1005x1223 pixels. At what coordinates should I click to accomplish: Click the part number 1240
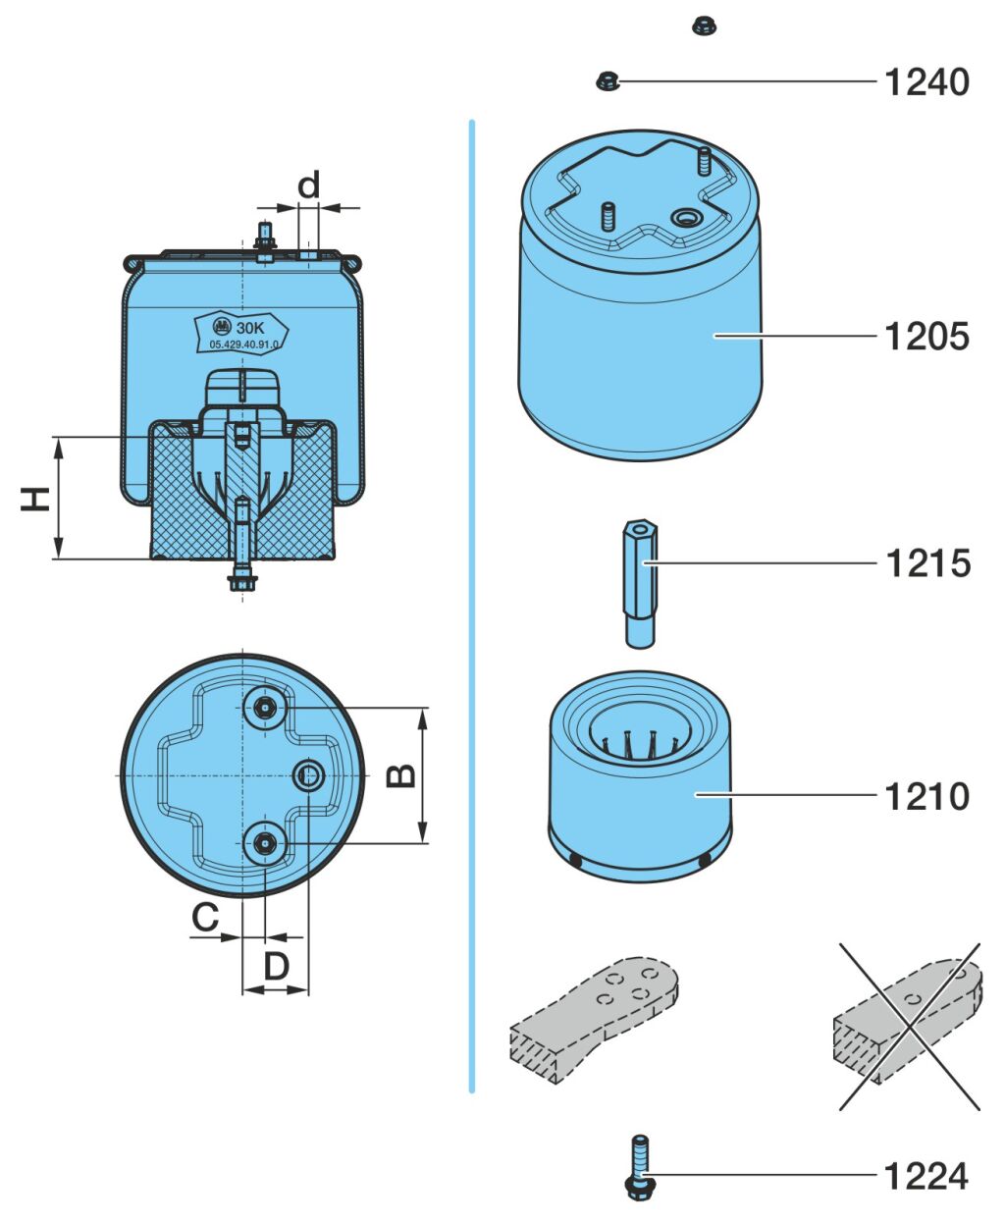click(x=926, y=81)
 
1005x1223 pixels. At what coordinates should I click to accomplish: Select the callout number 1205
click(x=926, y=337)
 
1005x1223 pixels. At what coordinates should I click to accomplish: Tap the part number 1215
click(x=926, y=563)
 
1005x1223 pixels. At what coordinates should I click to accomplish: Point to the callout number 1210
click(x=926, y=796)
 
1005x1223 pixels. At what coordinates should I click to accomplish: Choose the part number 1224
click(x=926, y=1176)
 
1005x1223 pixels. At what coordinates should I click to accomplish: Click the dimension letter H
click(x=36, y=499)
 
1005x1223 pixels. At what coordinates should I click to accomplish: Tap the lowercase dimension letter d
click(x=309, y=185)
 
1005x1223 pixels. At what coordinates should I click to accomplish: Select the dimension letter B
click(x=400, y=775)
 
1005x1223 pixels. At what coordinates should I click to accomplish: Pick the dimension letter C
click(x=204, y=918)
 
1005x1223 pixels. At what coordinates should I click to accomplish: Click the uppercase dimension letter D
click(x=277, y=967)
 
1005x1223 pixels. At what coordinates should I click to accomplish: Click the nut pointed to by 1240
click(x=607, y=81)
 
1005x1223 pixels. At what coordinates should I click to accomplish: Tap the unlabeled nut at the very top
click(x=701, y=26)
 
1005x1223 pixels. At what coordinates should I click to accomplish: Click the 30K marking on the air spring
click(x=251, y=327)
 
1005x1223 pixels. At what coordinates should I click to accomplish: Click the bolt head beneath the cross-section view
click(x=240, y=582)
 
